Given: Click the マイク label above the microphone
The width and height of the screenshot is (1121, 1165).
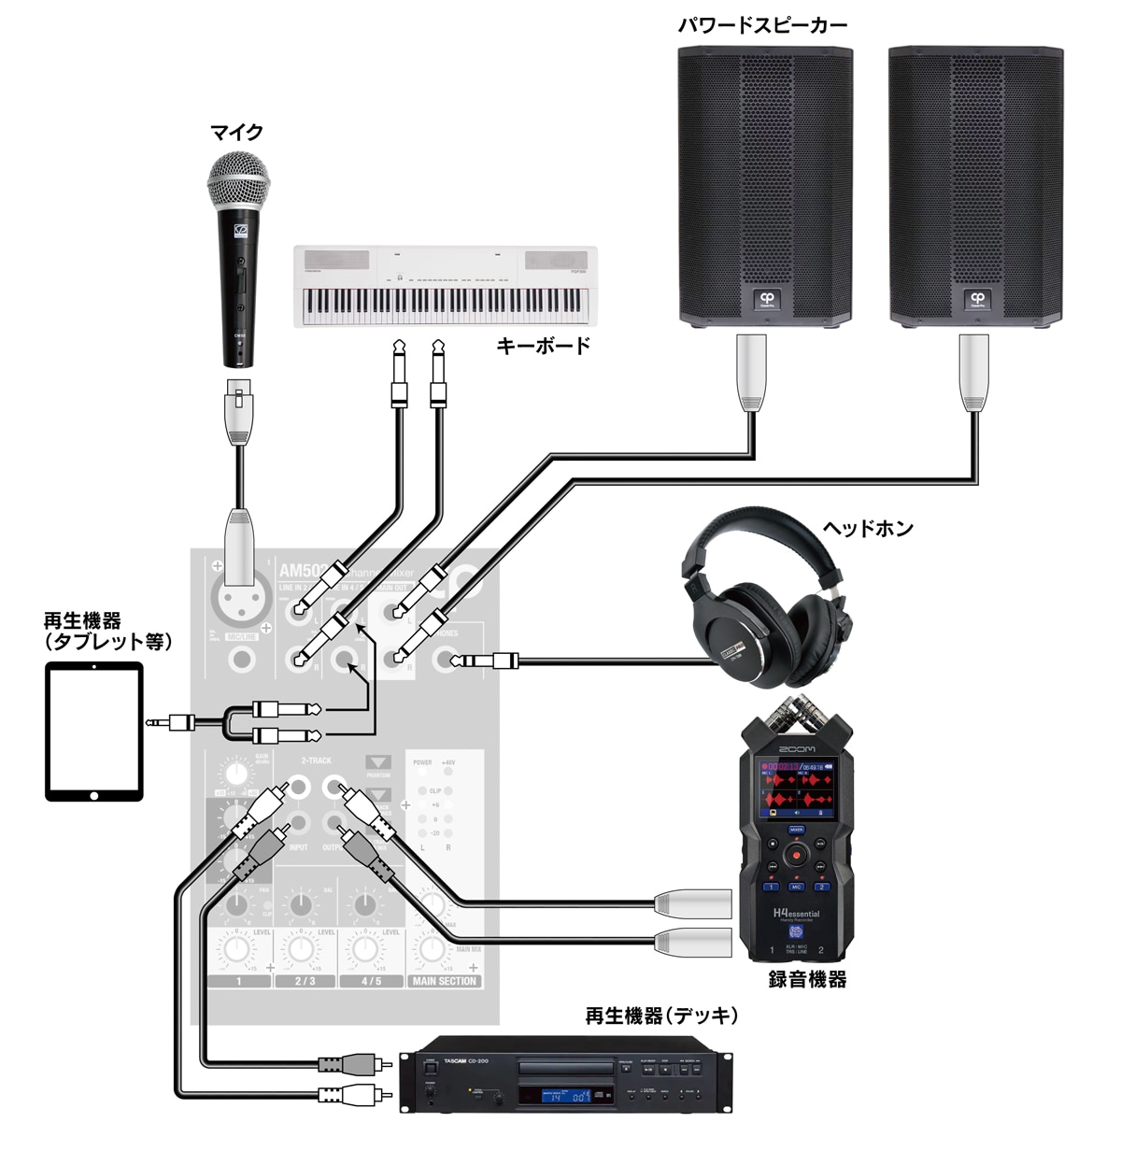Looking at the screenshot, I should tap(236, 133).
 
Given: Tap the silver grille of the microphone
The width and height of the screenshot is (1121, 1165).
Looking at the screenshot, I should tap(238, 182).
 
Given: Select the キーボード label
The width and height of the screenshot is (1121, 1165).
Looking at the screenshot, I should tap(543, 347).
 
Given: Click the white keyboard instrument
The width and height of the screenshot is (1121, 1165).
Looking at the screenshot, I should tap(446, 287).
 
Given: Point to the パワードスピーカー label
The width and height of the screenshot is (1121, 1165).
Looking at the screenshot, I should tap(762, 25).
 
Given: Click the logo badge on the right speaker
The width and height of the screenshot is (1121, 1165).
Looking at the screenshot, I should tap(976, 300).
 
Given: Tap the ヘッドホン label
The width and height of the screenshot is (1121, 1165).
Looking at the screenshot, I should tap(867, 529).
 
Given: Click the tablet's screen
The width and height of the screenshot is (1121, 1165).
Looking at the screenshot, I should tap(94, 731).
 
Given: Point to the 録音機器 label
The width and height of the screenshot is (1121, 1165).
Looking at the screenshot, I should tap(807, 979).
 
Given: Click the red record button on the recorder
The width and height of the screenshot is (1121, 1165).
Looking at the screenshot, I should tap(796, 853).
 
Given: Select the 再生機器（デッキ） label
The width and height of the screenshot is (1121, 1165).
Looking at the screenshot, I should tap(661, 1016).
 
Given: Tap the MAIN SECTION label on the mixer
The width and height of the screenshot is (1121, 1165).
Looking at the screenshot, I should tap(444, 982).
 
